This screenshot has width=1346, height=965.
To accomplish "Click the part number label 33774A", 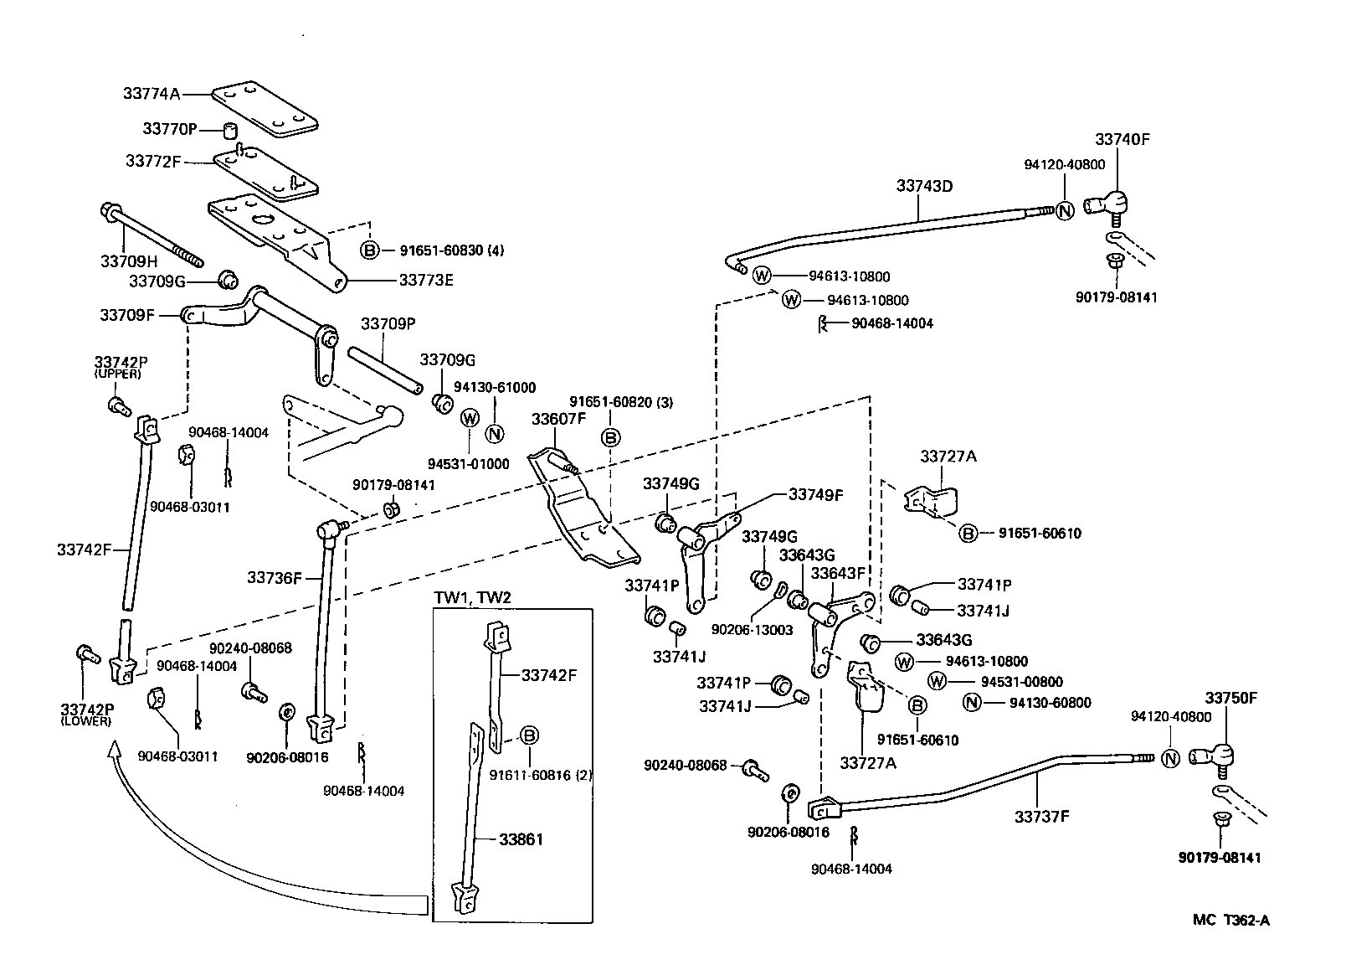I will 151,95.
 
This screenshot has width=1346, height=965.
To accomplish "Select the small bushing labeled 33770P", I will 229,131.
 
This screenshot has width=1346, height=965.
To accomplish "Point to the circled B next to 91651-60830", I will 369,250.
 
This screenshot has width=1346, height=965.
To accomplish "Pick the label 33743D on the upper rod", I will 924,186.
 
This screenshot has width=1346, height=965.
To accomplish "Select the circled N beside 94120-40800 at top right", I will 1064,210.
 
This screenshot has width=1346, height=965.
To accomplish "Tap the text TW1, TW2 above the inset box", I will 472,597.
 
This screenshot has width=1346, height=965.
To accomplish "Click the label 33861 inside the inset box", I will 521,839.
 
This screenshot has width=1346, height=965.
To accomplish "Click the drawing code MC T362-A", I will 1230,921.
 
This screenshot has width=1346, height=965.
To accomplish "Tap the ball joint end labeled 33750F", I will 1215,756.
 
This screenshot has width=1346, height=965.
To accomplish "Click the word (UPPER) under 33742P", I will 119,374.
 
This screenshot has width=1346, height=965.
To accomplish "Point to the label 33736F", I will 274,578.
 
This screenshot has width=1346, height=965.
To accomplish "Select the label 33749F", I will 815,494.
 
